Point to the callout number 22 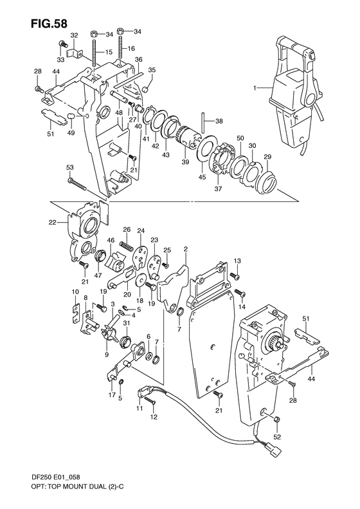coord(53,223)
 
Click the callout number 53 coord(69,167)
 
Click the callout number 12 coord(154,417)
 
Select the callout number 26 coord(127,230)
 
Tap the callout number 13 coord(237,260)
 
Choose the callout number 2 coord(185,248)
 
